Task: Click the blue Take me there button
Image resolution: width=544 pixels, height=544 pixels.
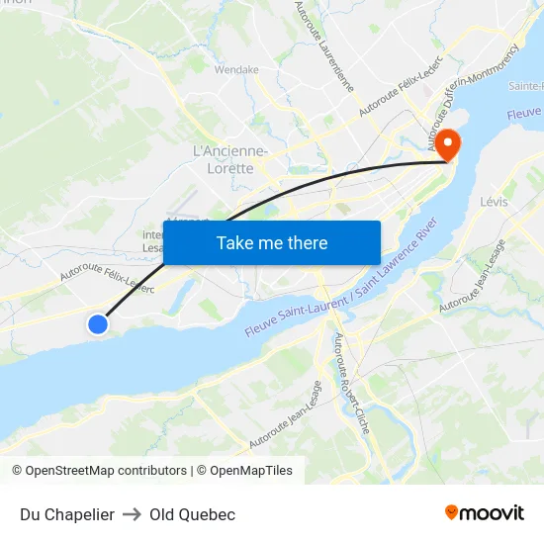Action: click(x=272, y=242)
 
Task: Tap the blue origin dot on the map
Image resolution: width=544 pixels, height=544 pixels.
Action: click(x=97, y=323)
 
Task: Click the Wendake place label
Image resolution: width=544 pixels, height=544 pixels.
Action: click(x=236, y=70)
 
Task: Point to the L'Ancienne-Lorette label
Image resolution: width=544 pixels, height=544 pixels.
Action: click(x=229, y=159)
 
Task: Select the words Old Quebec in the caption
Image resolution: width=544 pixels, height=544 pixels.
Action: click(x=192, y=514)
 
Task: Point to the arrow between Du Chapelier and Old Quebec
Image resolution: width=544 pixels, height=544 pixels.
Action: click(x=133, y=514)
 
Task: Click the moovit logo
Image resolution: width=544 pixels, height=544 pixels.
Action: click(x=485, y=512)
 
